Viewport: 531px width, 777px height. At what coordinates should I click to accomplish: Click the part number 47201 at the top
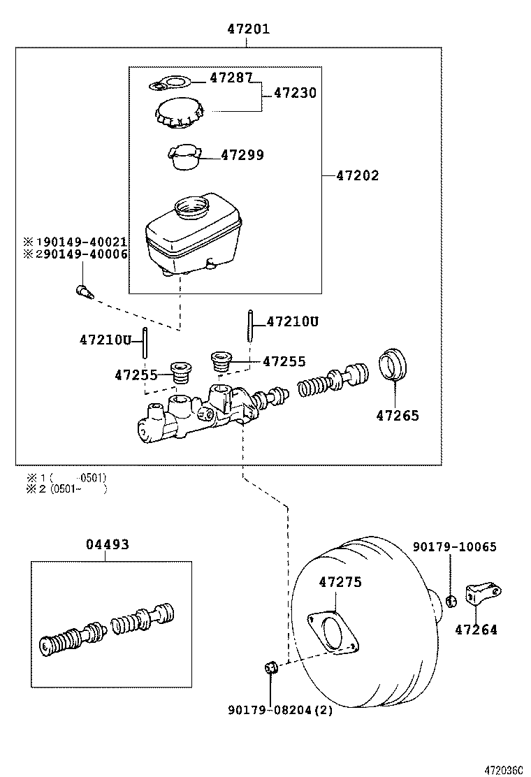tap(248, 29)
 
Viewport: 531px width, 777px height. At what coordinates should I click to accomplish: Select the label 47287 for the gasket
tap(231, 78)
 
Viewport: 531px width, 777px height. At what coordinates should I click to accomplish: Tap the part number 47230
tap(295, 93)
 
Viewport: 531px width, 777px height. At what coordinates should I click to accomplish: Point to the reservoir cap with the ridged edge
tap(179, 113)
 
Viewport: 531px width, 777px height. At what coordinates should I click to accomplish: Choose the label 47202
tap(357, 175)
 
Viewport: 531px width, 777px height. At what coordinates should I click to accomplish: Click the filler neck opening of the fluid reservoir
tap(191, 206)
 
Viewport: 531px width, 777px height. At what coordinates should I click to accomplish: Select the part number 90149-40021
tap(81, 242)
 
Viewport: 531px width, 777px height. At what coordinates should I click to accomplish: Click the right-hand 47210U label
tap(293, 321)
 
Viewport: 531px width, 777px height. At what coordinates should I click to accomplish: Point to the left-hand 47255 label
tap(136, 375)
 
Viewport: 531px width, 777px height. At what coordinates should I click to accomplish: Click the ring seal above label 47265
tap(393, 365)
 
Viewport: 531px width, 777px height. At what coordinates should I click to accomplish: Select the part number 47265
tap(398, 416)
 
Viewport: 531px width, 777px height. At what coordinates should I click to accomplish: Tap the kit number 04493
tap(108, 544)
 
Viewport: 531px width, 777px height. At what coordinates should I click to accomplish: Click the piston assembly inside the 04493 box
tap(108, 624)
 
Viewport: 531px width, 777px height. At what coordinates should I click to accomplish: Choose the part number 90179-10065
tap(454, 547)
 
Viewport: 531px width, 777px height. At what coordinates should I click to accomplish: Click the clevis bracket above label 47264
tap(483, 593)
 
